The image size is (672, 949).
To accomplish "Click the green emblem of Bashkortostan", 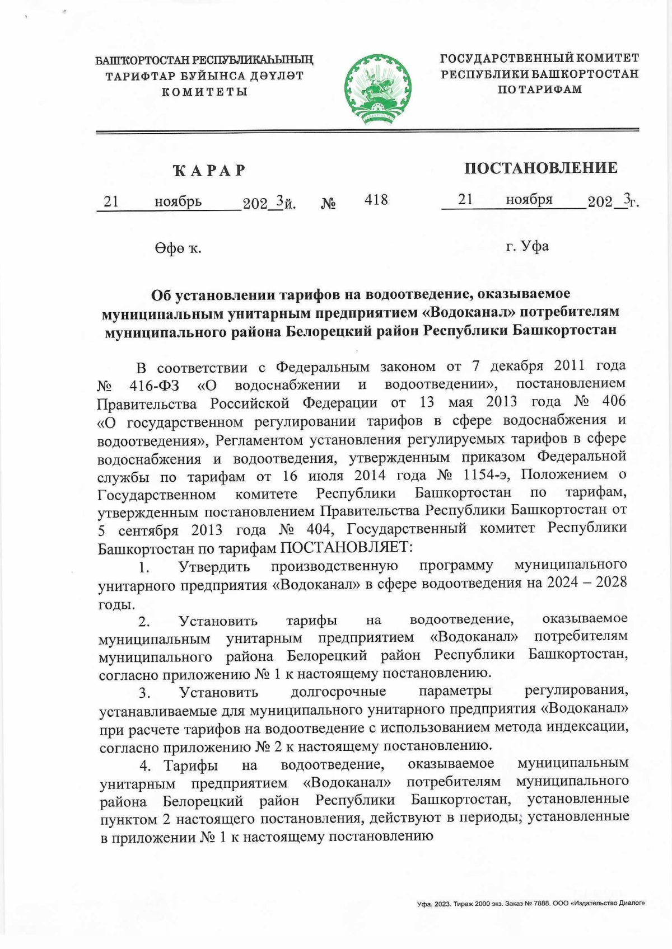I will (378, 90).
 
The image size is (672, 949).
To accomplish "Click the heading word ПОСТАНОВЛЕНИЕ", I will (540, 168).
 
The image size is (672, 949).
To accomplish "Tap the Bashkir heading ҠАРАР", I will (209, 170).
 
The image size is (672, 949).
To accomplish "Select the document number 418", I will (376, 200).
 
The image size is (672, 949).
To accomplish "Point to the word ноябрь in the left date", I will (178, 201).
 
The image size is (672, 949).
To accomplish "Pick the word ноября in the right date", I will (529, 200).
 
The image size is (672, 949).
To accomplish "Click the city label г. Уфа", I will (527, 246).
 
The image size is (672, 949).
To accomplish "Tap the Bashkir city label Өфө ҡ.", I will (178, 248).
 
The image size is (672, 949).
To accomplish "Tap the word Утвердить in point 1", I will (214, 566).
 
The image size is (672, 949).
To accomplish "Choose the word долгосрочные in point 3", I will (338, 692).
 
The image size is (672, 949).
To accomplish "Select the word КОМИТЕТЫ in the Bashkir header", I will (205, 92).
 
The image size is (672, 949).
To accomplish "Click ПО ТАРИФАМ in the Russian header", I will (540, 89).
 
